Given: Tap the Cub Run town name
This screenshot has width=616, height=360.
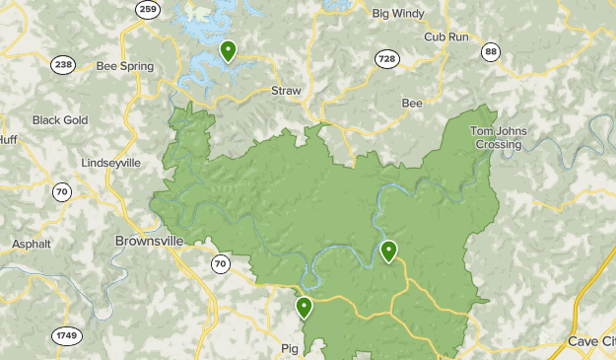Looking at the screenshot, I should (446, 36).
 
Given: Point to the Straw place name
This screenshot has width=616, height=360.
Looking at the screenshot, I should (286, 91).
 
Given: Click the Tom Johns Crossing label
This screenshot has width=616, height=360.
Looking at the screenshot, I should (497, 138).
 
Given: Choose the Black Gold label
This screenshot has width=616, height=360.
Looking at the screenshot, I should (60, 120).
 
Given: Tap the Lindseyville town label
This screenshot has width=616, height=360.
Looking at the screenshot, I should (110, 163).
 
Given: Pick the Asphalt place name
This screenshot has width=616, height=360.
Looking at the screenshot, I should (31, 244).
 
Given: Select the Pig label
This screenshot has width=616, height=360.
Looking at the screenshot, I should (289, 348).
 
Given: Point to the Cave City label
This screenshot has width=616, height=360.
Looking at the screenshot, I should (591, 341).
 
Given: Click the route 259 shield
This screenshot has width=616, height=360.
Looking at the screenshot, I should (148, 10).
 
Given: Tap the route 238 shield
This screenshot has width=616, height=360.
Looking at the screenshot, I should (63, 64).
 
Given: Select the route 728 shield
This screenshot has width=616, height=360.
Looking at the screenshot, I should (386, 60).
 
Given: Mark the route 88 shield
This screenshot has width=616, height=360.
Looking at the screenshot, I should (491, 51).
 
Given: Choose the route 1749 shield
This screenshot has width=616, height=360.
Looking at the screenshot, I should (67, 336).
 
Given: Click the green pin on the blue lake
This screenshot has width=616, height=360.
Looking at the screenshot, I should (229, 50).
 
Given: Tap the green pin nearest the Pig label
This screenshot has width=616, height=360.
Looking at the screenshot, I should (305, 308).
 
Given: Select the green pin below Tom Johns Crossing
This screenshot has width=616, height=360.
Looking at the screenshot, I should (389, 252).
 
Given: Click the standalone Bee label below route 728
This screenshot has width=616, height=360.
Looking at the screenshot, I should (412, 103).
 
